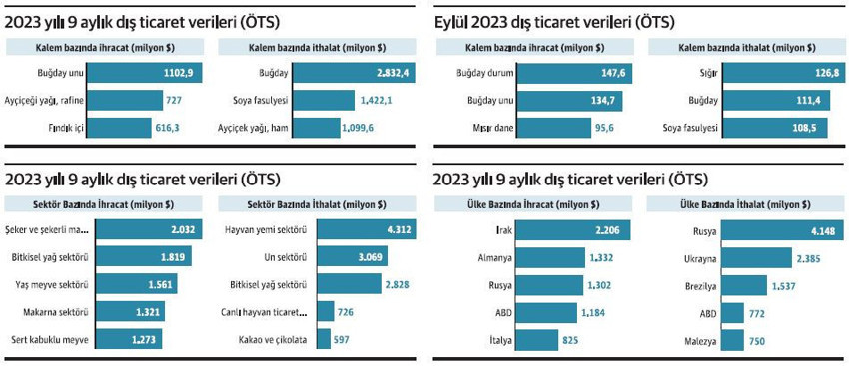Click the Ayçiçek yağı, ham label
(268, 128)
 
